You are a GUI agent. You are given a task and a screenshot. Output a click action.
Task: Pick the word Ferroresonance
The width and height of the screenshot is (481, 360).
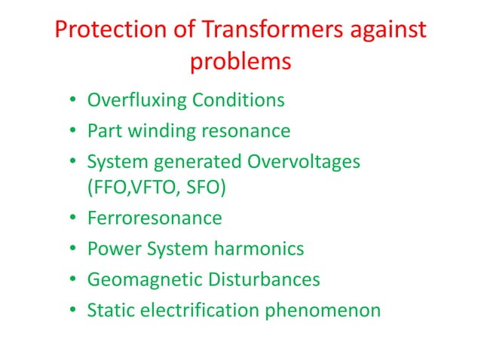(155, 218)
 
